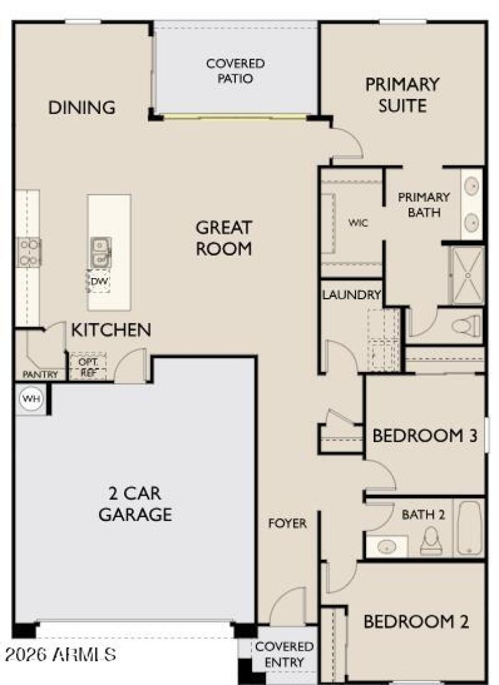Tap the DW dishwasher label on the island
(99, 282)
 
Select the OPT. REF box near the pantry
(87, 367)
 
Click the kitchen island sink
(100, 251)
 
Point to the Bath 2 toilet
(431, 541)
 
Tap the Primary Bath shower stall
(467, 275)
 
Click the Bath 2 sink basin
(387, 547)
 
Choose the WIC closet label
(359, 223)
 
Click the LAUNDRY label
(351, 295)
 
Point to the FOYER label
(288, 524)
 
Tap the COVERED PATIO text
(235, 71)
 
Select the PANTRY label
(40, 375)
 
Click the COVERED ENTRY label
(284, 654)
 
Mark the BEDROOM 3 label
(425, 436)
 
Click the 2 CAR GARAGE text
(135, 504)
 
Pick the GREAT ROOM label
(224, 237)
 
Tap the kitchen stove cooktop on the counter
(28, 252)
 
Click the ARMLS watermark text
(60, 655)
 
